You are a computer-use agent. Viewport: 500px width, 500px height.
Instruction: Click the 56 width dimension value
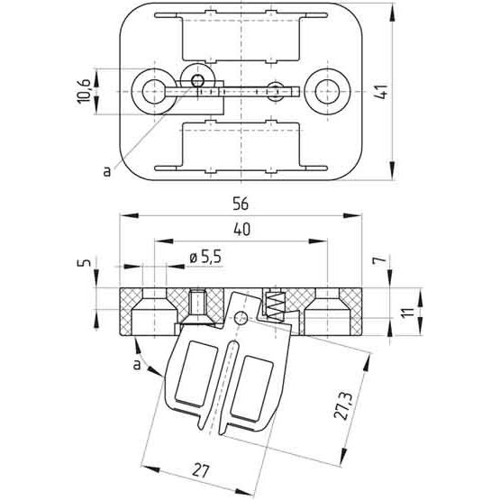pos(241,205)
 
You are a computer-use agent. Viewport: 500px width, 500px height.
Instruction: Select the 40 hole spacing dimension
pos(241,230)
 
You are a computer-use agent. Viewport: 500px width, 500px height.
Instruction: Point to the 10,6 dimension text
pos(84,92)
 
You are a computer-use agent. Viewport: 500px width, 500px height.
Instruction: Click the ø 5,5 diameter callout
pos(205,258)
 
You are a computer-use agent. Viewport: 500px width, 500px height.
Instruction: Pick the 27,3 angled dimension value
pos(343,405)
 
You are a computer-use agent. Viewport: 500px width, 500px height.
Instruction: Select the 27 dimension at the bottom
pos(200,470)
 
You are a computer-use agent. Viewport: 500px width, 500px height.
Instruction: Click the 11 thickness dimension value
pos(407,312)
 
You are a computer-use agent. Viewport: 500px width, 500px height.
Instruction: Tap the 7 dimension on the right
pos(380,261)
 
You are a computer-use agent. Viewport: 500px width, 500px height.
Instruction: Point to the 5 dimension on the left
pos(84,262)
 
